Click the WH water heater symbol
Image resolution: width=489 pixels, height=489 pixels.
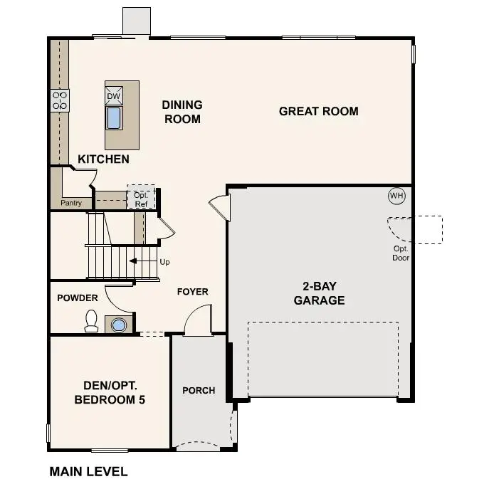396,196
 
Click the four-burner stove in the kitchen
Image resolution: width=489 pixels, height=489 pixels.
59,100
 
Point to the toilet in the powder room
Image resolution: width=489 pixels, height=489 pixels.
91,322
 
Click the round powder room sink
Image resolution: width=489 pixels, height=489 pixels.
118,325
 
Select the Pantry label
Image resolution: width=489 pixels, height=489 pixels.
71,203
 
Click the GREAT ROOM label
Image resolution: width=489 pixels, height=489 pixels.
318,111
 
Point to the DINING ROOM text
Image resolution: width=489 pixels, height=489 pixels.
182,112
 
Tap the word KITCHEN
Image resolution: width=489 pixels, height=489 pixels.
103,159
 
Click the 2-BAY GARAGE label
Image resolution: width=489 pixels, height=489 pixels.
320,293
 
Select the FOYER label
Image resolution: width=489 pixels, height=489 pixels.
192,292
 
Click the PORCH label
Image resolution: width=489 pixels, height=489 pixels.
199,390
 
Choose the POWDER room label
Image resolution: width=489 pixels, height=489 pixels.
78,298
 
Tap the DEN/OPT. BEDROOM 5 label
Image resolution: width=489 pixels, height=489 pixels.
110,393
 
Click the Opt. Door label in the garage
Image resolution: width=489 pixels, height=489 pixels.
401,253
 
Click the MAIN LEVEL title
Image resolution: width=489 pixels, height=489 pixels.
88,471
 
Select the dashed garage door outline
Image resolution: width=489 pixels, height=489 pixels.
322,360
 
